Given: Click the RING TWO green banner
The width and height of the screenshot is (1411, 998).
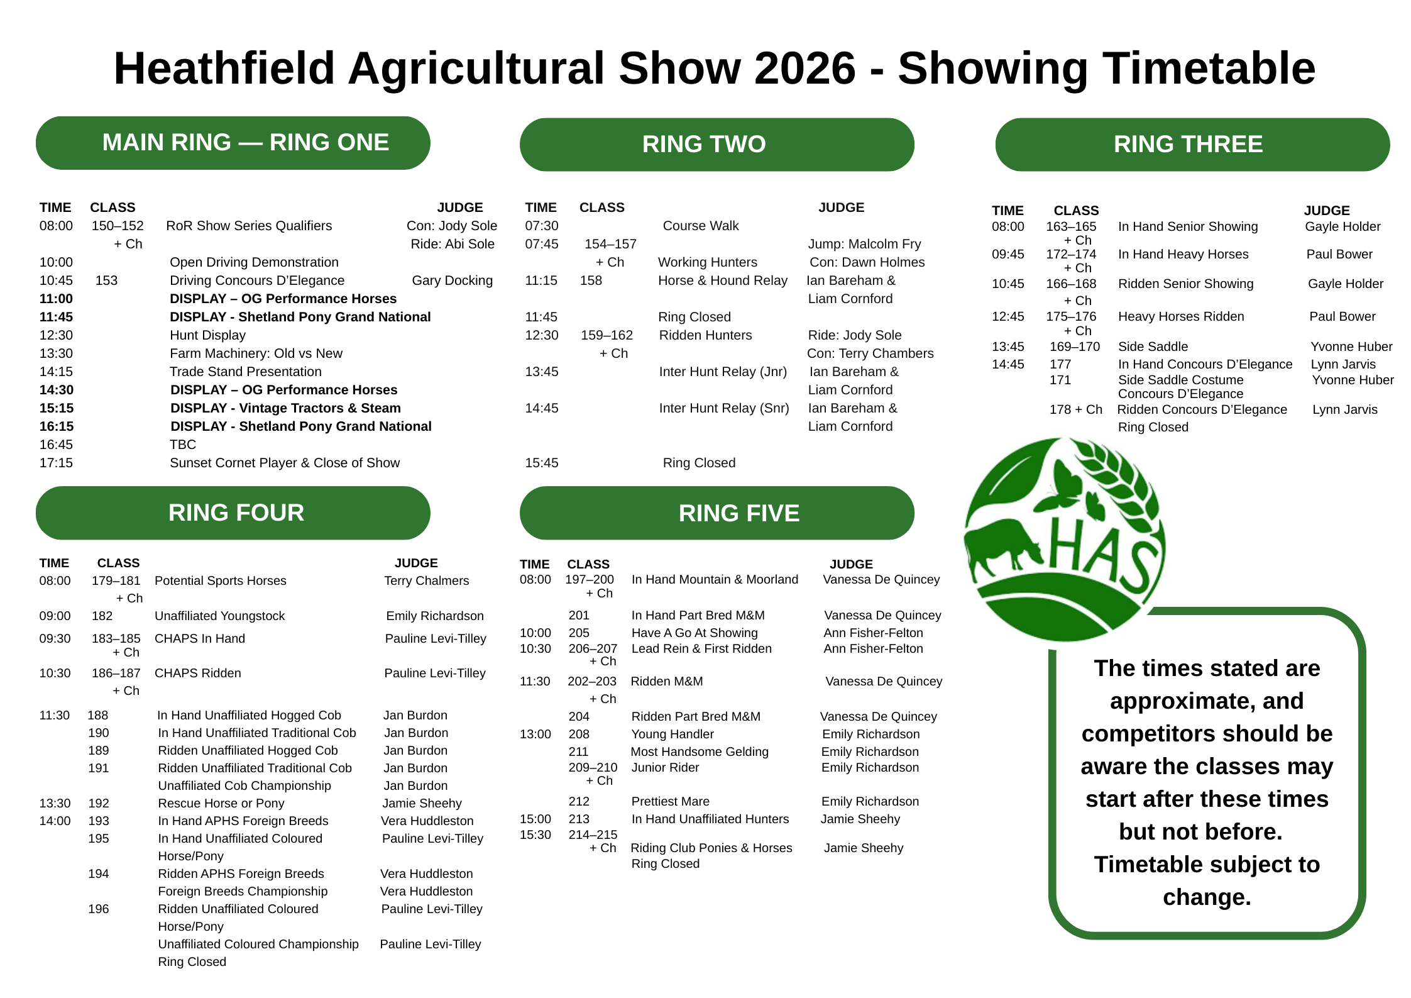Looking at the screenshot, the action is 716,144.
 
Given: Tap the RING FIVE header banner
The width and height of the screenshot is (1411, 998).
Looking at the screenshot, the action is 716,513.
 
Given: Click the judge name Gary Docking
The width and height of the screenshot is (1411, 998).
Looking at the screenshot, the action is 452,280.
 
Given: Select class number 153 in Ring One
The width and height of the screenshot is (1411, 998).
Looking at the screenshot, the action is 106,280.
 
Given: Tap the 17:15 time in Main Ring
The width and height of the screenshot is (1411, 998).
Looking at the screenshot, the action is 56,463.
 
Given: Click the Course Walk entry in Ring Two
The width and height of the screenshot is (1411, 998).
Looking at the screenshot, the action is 701,226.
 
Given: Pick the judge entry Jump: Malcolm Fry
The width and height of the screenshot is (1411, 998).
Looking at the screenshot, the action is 864,244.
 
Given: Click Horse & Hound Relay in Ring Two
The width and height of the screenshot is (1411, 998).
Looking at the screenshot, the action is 722,280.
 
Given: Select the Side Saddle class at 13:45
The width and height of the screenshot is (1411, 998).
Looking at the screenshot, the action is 1153,347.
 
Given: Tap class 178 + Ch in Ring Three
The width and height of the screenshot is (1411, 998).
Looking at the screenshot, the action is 1075,409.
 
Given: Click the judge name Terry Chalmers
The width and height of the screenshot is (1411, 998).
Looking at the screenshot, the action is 426,580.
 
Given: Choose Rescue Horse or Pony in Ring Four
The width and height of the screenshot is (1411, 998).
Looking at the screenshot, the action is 221,803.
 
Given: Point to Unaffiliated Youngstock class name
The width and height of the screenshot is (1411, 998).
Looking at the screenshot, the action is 219,616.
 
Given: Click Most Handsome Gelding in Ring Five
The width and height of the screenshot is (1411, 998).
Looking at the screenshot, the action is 699,751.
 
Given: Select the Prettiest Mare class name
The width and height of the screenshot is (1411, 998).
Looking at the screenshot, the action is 670,801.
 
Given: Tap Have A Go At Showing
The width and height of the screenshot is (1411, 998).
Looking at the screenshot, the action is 695,633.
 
